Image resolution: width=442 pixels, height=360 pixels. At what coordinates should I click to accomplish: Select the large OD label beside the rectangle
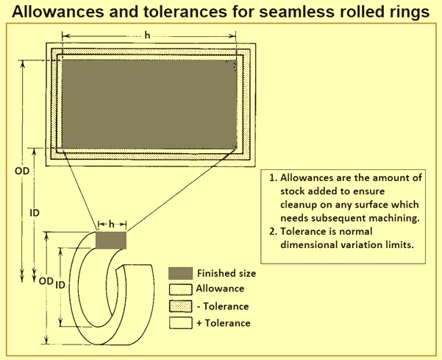point(23,171)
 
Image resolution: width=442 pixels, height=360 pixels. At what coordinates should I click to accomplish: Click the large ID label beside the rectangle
point(34,212)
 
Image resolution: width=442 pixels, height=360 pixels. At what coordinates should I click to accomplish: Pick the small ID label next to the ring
point(62,284)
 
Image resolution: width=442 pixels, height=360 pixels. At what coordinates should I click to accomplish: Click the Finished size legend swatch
point(180,273)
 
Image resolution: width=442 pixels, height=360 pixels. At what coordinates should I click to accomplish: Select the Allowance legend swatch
point(180,289)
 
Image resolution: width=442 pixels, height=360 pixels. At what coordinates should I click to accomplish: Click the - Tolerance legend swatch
point(180,306)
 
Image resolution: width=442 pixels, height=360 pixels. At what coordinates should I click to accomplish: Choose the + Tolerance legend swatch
point(180,322)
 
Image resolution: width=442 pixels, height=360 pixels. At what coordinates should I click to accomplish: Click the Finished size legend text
point(227,273)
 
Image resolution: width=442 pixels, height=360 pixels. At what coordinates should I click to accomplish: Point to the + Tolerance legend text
point(224,322)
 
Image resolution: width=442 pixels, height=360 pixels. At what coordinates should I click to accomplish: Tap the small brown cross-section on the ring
point(111,240)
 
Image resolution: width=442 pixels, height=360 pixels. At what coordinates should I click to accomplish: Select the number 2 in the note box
point(271,233)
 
